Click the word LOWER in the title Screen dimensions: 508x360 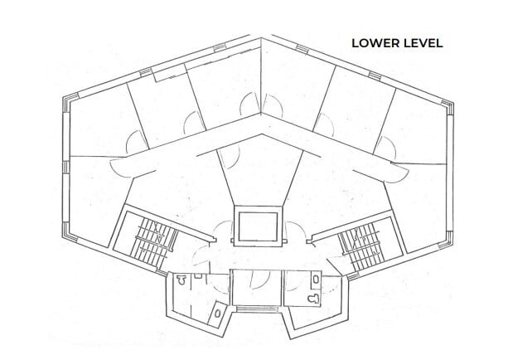click(373, 43)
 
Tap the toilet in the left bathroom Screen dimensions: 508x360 click(181, 280)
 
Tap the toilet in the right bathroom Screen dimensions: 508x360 click(313, 299)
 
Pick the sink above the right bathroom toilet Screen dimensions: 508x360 click(316, 278)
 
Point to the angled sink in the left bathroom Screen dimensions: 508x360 click(217, 313)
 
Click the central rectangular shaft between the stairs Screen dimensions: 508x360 click(258, 226)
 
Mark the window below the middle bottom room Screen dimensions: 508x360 click(257, 309)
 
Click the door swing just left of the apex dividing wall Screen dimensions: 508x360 click(250, 104)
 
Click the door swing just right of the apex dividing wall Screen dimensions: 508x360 click(273, 105)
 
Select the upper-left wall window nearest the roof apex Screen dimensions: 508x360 click(220, 48)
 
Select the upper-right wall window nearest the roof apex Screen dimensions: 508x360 click(302, 49)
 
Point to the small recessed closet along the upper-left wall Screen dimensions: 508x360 click(170, 73)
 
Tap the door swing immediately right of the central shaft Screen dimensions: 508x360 click(296, 231)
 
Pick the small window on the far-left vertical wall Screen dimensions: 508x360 click(65, 167)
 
